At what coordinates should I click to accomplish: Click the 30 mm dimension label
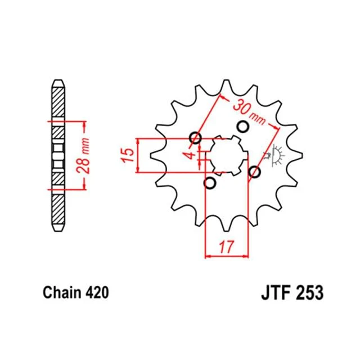point(249,112)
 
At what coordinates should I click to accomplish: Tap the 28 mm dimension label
point(83,155)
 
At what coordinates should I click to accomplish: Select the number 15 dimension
point(128,155)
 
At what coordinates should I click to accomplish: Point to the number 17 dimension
point(226,246)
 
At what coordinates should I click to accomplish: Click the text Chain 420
point(76,292)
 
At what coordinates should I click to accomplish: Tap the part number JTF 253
point(292,292)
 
